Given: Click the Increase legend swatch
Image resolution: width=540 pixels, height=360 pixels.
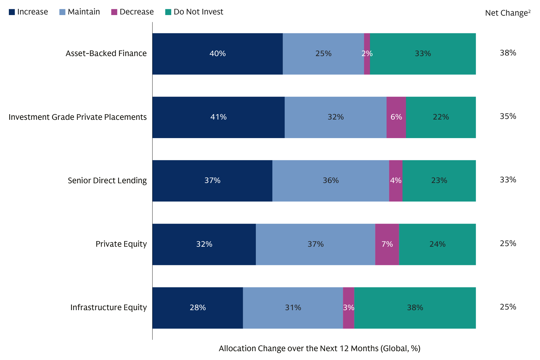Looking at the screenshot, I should (12, 12).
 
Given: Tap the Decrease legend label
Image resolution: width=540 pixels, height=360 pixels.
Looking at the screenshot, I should (136, 12).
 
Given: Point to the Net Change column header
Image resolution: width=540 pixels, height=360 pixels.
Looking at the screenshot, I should (508, 13).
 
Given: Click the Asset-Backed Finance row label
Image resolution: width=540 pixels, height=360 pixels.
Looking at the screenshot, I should (106, 53).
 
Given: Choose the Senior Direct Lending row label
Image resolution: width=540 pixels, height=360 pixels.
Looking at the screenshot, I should (107, 181).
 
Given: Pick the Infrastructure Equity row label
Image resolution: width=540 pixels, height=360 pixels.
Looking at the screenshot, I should (108, 307).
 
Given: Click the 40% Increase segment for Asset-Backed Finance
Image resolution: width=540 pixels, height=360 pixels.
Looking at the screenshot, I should (217, 54).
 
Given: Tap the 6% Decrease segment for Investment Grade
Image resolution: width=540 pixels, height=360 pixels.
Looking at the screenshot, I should (396, 117).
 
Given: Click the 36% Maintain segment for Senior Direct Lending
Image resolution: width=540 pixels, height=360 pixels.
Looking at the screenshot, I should (330, 181).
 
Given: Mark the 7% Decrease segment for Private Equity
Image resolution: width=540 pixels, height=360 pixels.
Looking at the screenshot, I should (387, 244).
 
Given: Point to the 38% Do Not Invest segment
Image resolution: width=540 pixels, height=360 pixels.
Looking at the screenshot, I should (415, 308).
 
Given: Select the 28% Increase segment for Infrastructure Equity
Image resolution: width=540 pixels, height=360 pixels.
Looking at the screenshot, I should (198, 308).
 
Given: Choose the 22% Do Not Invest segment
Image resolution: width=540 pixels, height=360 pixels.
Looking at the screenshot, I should (441, 117).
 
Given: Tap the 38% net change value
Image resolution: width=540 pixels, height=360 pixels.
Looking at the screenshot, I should (508, 53).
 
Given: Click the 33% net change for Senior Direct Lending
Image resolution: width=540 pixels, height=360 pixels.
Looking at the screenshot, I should (508, 180).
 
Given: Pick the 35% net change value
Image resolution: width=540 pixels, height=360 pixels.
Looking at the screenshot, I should (508, 116).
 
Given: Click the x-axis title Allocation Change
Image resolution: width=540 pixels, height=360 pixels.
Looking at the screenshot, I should (319, 348).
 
